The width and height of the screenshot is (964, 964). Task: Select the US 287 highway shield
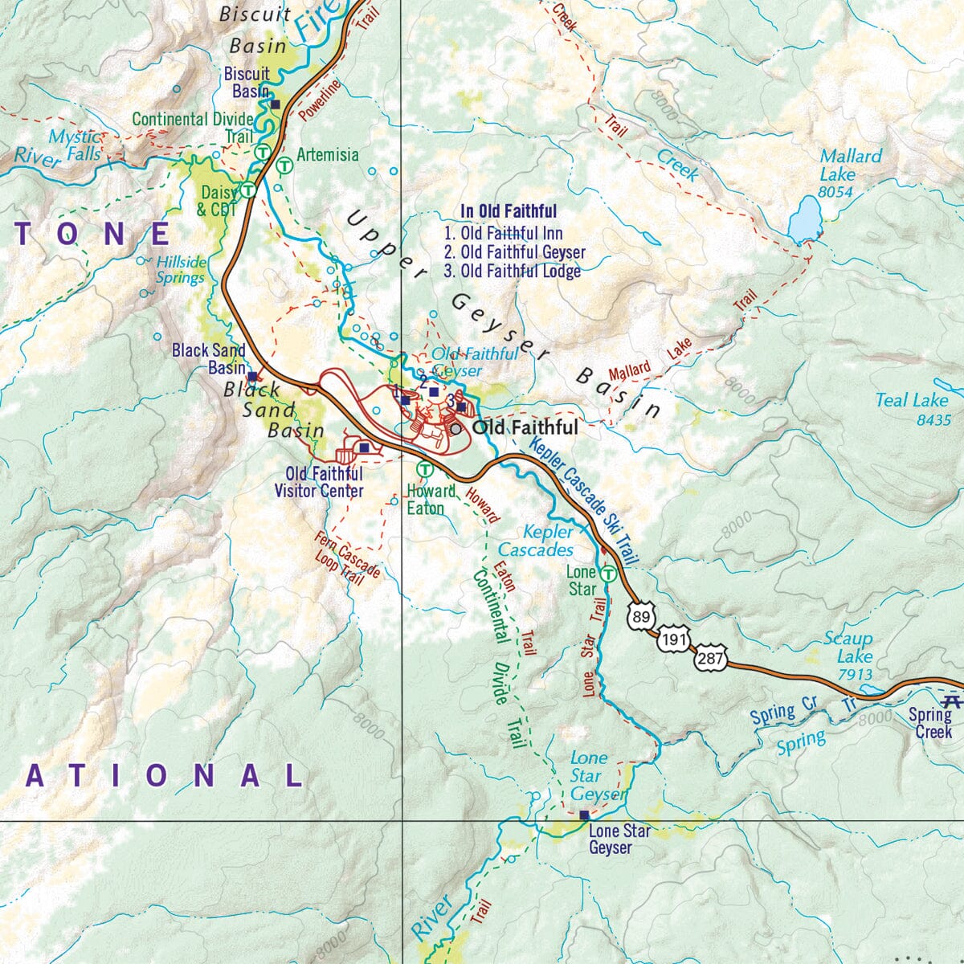(x=712, y=659)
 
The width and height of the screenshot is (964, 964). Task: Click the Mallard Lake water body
(x=804, y=219)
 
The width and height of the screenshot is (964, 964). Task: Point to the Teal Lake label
(x=913, y=409)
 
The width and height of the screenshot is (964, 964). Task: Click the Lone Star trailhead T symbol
(x=609, y=574)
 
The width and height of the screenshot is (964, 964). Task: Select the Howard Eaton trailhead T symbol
(x=424, y=469)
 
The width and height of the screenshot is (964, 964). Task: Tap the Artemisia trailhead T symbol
(x=284, y=166)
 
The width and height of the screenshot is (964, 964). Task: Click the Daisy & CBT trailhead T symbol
(x=249, y=190)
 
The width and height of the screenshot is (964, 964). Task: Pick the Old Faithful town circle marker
(x=456, y=429)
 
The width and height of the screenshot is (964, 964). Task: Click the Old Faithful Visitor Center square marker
(x=364, y=448)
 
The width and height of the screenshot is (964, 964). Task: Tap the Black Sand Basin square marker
(x=252, y=375)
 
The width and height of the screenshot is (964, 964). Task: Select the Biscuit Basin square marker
(x=275, y=104)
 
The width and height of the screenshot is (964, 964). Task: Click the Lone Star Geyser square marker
(x=584, y=815)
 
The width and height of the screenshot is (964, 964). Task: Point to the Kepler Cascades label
(x=537, y=541)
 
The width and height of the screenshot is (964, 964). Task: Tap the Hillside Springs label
(x=181, y=270)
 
